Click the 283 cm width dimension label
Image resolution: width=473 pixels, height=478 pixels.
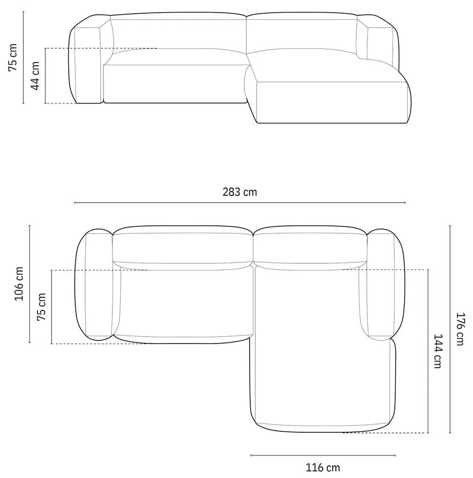click(240, 192)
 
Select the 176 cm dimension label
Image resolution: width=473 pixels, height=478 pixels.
click(460, 329)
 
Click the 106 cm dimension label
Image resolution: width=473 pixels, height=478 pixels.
click(19, 284)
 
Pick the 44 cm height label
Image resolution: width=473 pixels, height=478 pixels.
click(35, 76)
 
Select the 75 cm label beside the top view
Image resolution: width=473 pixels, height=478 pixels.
click(42, 307)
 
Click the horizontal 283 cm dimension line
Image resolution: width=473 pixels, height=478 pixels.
click(240, 202)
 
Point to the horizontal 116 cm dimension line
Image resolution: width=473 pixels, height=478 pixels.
click(323, 455)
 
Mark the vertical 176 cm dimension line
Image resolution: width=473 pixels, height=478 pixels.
click(450, 329)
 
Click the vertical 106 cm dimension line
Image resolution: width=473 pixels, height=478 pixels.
click(30, 284)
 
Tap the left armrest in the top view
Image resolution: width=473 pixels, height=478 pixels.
click(98, 285)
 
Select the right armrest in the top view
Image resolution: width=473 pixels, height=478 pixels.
click(382, 285)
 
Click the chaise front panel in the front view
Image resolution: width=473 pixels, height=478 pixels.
click(331, 102)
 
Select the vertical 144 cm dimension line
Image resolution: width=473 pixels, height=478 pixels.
click(428, 350)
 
